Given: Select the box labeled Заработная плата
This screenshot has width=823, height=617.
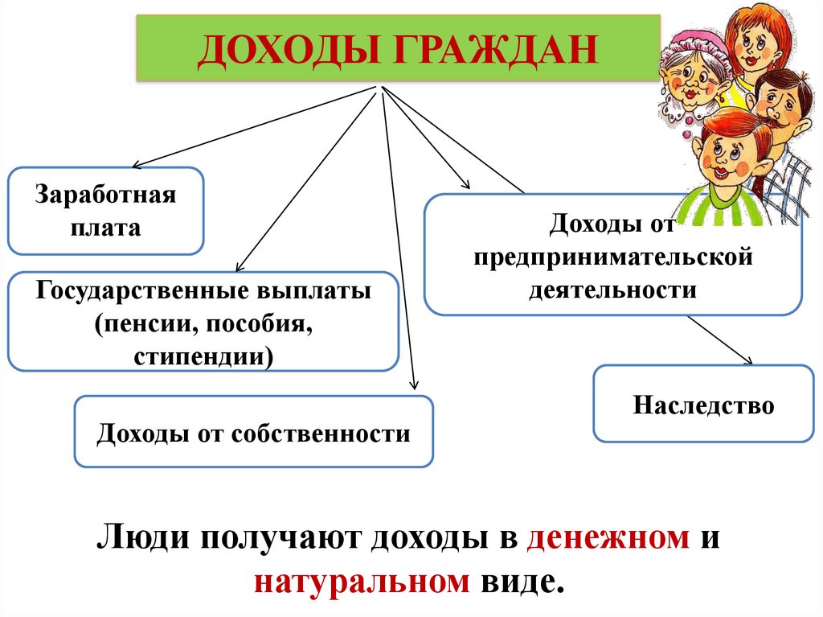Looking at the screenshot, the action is point(105,211).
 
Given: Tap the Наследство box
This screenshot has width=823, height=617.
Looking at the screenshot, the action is point(703,404).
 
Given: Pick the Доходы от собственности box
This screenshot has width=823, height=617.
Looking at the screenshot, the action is point(253,432).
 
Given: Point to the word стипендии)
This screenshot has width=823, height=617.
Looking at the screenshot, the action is point(204,355).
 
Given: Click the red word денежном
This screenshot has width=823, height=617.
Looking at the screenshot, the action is point(608,537).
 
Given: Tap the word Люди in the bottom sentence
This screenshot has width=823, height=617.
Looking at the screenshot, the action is point(138,537).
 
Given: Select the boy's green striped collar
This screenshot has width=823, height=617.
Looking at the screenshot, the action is point(723,205).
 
